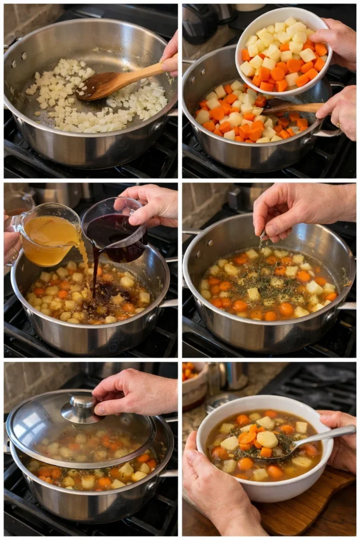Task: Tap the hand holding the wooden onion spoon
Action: [170, 55]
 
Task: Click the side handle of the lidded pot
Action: [168, 474]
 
